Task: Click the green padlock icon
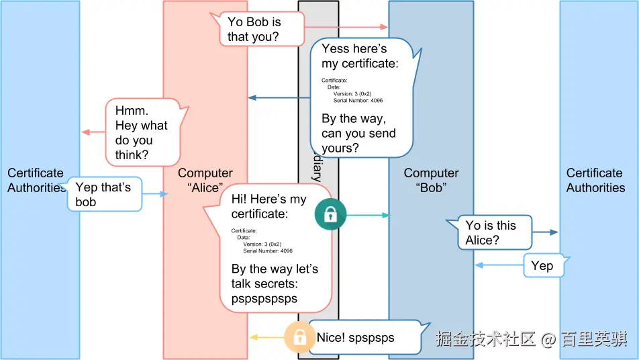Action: pyautogui.click(x=330, y=215)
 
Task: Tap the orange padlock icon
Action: pyautogui.click(x=299, y=337)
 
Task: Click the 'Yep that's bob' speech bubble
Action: pyautogui.click(x=104, y=195)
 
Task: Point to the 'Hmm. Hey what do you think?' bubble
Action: pyautogui.click(x=142, y=133)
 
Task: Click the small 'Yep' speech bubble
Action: pyautogui.click(x=542, y=266)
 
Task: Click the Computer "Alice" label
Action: pyautogui.click(x=205, y=180)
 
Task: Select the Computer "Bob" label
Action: pyautogui.click(x=431, y=180)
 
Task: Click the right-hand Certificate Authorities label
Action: pyautogui.click(x=595, y=180)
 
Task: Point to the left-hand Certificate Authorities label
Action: pyautogui.click(x=36, y=180)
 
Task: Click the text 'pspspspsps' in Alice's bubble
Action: pyautogui.click(x=264, y=298)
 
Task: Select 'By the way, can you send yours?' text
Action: pyautogui.click(x=358, y=133)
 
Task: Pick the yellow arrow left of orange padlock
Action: pyautogui.click(x=266, y=337)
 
